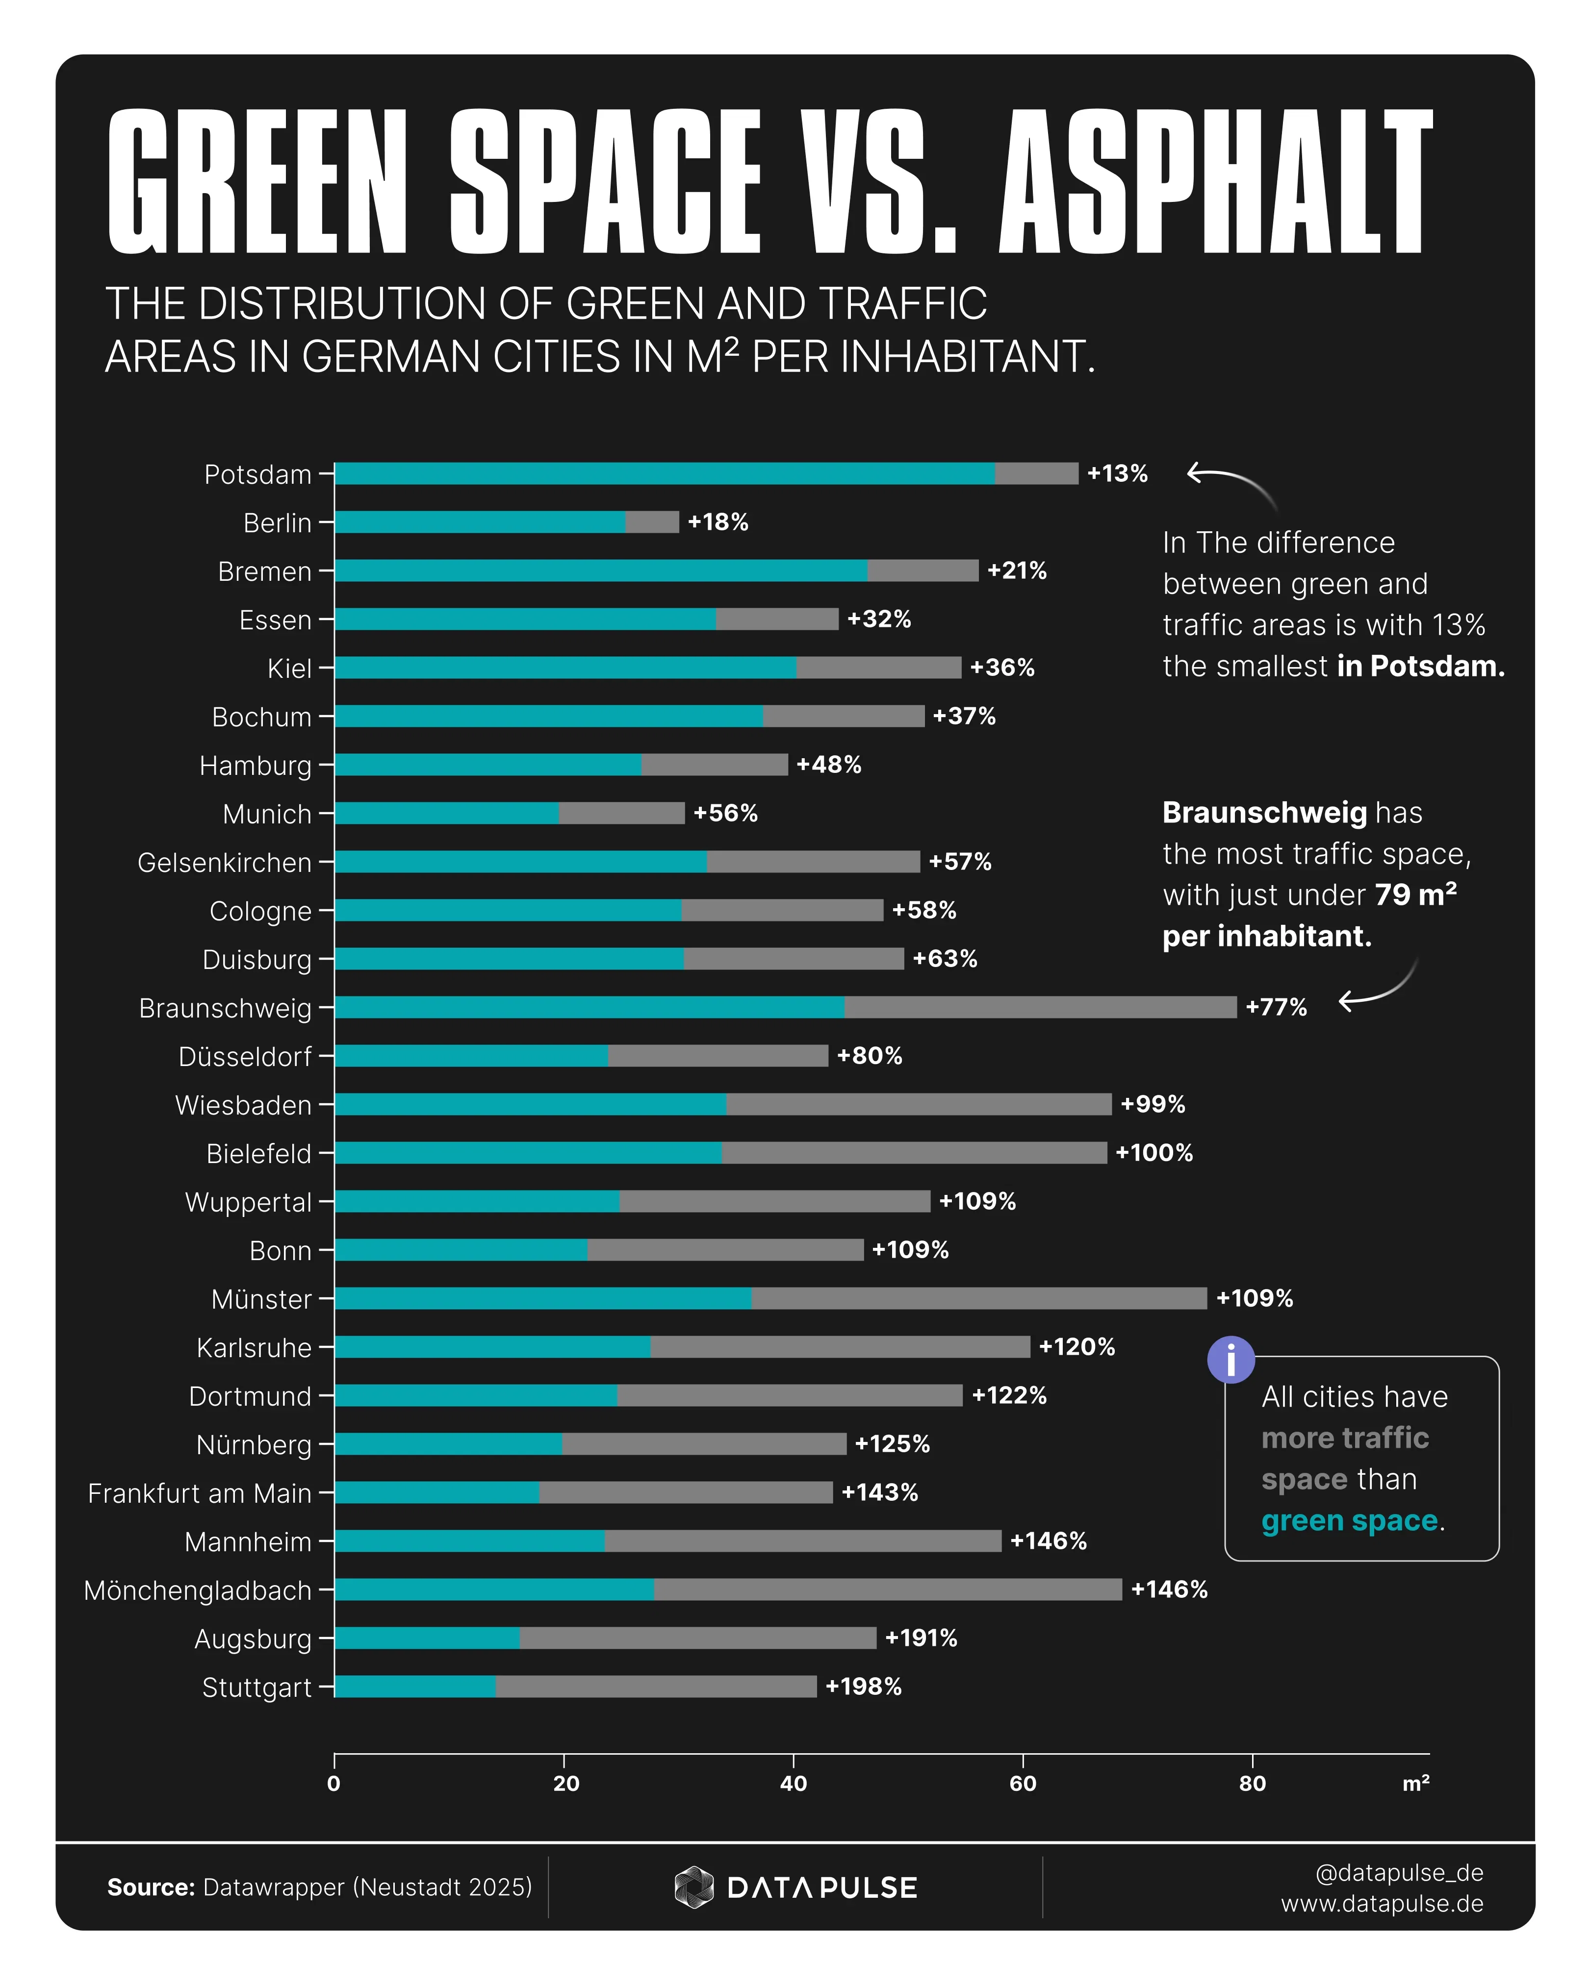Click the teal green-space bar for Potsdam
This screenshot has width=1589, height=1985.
663,473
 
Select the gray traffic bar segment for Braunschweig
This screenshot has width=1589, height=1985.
1041,1007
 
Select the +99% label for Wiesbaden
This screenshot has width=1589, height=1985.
1153,1104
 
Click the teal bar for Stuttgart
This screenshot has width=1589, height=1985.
414,1687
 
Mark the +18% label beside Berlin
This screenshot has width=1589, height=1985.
718,522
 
